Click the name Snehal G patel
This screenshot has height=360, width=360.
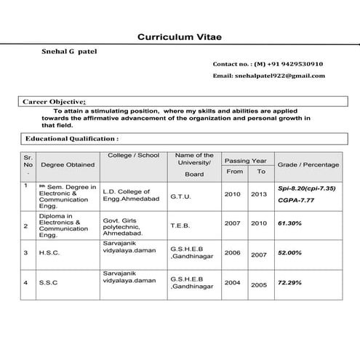click(x=71, y=51)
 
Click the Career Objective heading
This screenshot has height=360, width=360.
click(x=55, y=102)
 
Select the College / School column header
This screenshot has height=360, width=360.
click(x=133, y=156)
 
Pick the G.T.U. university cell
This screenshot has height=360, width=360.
click(x=181, y=196)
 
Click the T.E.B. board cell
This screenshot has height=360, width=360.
click(x=180, y=225)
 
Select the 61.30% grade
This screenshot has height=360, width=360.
click(x=289, y=224)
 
